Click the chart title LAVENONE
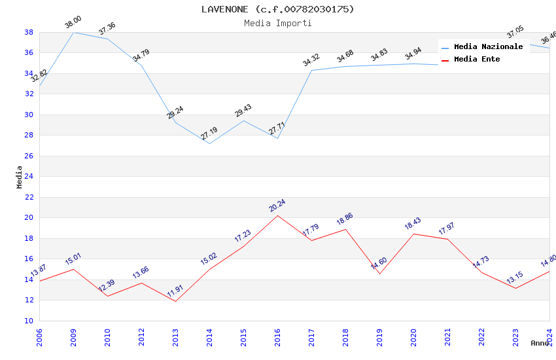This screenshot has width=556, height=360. click(x=277, y=9)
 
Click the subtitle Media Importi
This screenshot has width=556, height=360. click(x=277, y=24)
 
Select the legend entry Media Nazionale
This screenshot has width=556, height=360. click(x=488, y=47)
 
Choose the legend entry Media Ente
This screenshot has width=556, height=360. click(x=476, y=60)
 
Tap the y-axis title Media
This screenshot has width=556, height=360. click(x=20, y=177)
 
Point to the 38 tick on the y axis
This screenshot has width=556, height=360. click(x=29, y=32)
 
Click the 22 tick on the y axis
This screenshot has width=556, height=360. click(x=29, y=197)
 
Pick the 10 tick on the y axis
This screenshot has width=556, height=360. click(x=29, y=321)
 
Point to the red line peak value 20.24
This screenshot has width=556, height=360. click(x=277, y=206)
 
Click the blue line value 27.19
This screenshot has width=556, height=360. click(x=209, y=134)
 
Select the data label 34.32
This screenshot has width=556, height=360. click(x=311, y=61)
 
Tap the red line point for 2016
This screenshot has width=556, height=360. click(x=277, y=215)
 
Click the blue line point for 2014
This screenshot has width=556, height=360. click(x=209, y=143)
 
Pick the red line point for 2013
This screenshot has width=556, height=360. click(x=175, y=301)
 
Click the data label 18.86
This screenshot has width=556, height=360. click(x=345, y=220)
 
